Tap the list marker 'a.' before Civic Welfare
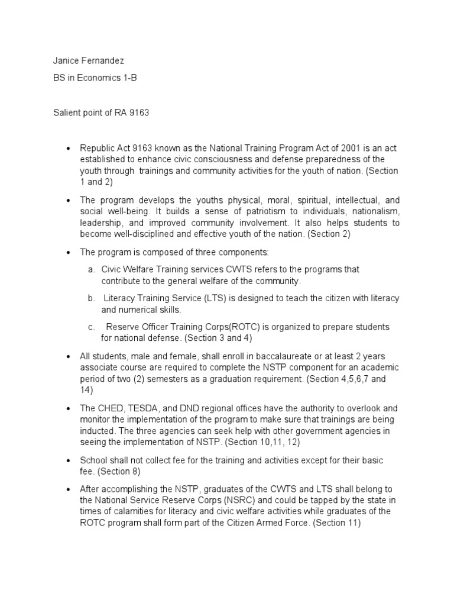coord(92,269)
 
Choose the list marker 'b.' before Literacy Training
coord(92,298)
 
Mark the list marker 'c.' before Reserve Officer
coord(92,327)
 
